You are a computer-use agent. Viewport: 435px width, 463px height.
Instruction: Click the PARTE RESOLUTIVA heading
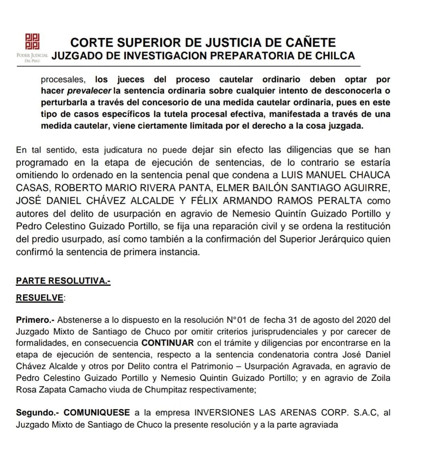(63, 281)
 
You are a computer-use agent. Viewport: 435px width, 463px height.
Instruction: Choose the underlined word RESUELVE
(40, 298)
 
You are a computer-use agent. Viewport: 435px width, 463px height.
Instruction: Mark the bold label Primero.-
(35, 320)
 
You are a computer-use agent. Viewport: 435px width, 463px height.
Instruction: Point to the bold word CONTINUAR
(168, 343)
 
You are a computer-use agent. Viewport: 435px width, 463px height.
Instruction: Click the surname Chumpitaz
(162, 390)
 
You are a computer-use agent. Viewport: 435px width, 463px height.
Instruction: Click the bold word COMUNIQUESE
(97, 413)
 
